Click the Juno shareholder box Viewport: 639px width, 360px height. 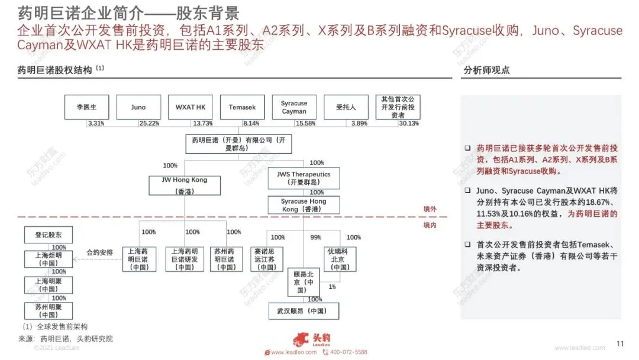coord(138,107)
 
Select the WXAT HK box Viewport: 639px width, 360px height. coord(191,107)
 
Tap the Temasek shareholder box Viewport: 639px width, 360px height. coord(242,107)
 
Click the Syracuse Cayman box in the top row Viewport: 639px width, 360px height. coord(294,107)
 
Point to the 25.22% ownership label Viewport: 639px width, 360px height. coord(149,123)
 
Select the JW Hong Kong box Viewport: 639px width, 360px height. coord(185,185)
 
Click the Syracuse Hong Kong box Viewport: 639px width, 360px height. coord(304,205)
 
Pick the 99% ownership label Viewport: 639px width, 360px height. coord(316,237)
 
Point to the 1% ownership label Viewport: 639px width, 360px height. coord(332,287)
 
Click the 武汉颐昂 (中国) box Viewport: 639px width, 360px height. coord(304,311)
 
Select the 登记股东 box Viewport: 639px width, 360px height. coord(48,235)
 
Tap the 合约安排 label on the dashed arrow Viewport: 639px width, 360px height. coord(99,252)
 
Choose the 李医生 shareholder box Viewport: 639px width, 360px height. coord(86,107)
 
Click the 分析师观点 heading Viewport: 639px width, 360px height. coord(486,70)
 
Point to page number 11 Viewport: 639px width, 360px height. coord(620,343)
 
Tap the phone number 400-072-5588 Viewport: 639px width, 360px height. coord(348,352)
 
